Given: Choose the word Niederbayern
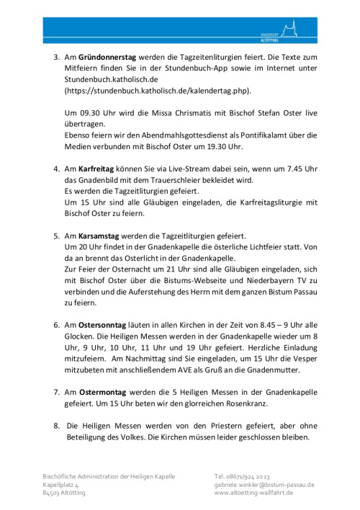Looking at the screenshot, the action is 250,292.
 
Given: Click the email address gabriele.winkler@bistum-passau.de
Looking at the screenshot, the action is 264,485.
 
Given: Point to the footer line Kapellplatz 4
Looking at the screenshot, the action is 61,485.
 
